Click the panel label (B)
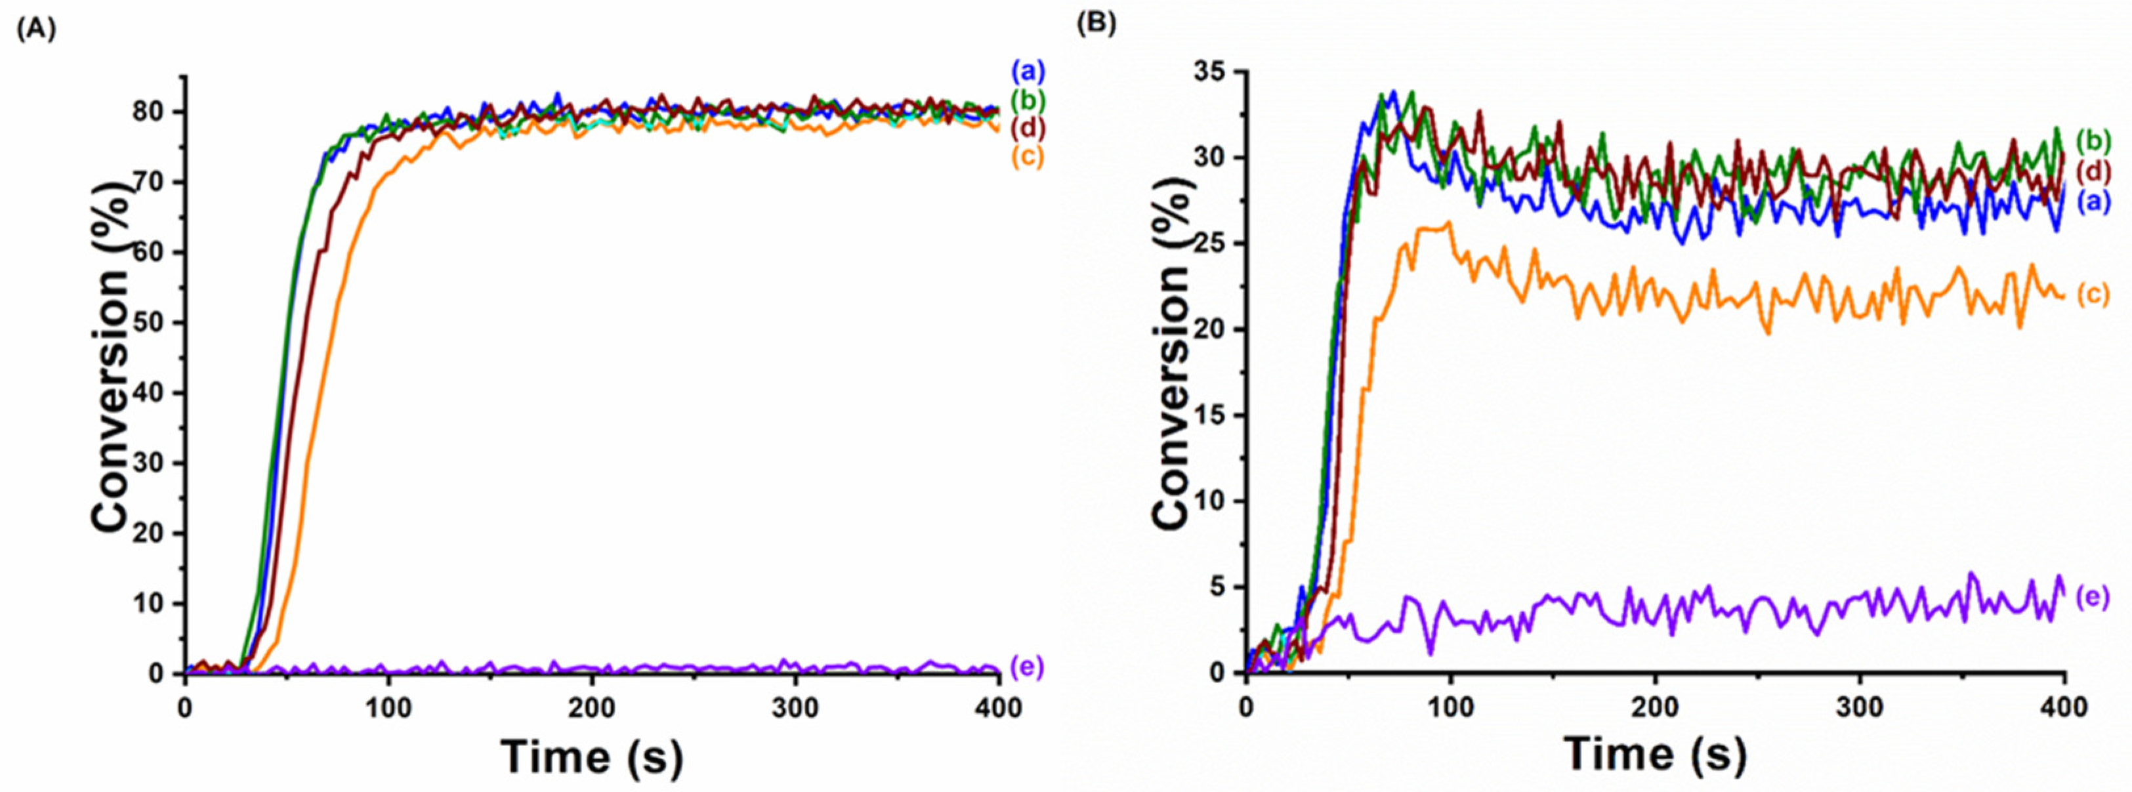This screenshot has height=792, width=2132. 1096,24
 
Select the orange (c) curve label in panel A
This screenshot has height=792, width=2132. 1028,156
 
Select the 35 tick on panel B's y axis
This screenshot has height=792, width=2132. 1211,72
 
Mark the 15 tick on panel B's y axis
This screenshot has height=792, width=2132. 1211,415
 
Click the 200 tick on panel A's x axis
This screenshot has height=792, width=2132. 592,709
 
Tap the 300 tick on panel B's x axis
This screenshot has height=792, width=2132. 1860,709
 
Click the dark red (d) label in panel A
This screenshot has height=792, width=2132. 1028,128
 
